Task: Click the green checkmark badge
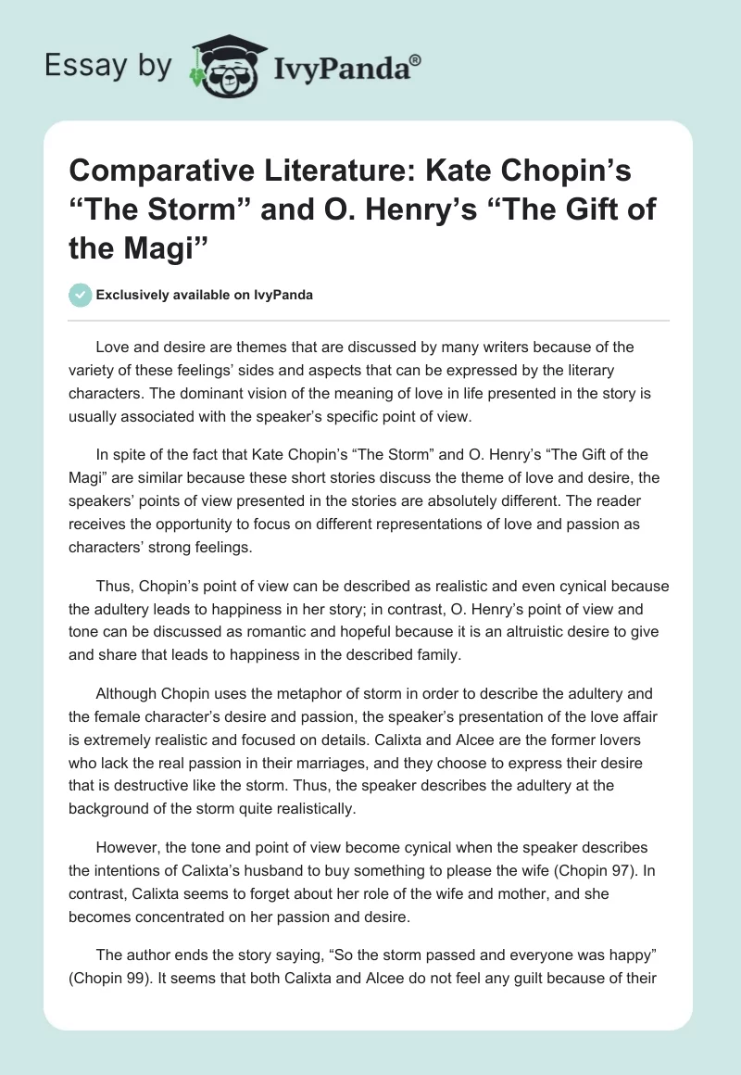click(80, 295)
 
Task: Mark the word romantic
click(290, 632)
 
